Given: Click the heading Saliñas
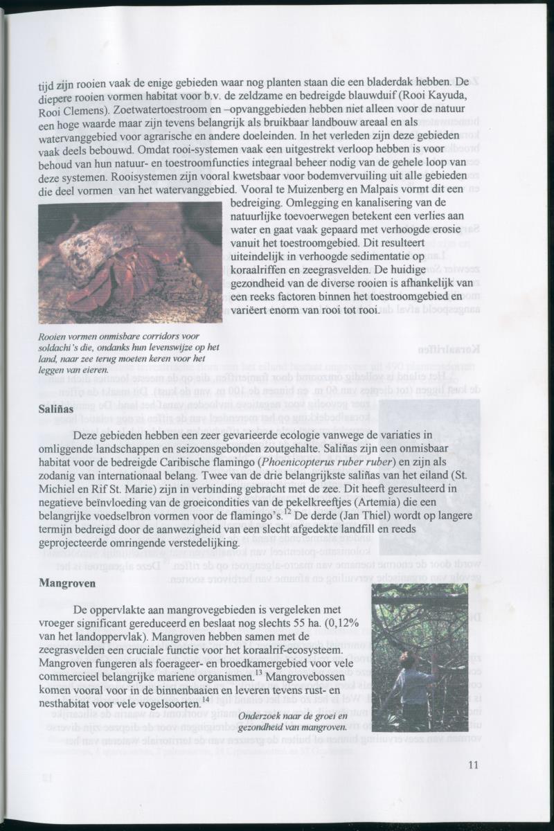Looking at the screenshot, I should click(56, 410).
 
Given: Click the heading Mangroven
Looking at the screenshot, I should click(67, 583).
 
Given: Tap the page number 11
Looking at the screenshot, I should click(473, 765).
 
